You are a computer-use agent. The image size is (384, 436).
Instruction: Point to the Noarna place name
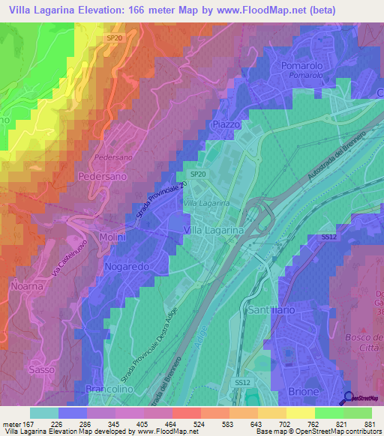click(x=28, y=285)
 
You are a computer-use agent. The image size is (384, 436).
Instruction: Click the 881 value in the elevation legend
click(x=368, y=423)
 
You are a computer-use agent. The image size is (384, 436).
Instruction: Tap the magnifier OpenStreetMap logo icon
click(x=349, y=399)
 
